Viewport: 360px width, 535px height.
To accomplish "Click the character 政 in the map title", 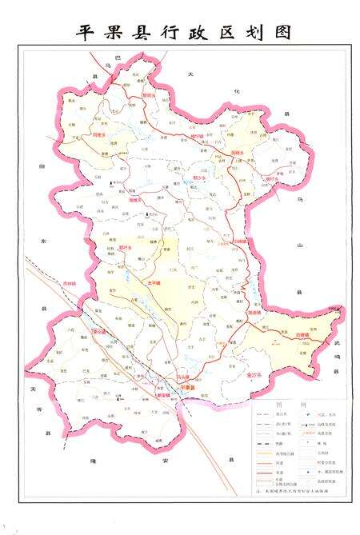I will (x=203, y=33).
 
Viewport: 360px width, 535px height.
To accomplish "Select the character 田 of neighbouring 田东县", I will (x=41, y=166).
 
